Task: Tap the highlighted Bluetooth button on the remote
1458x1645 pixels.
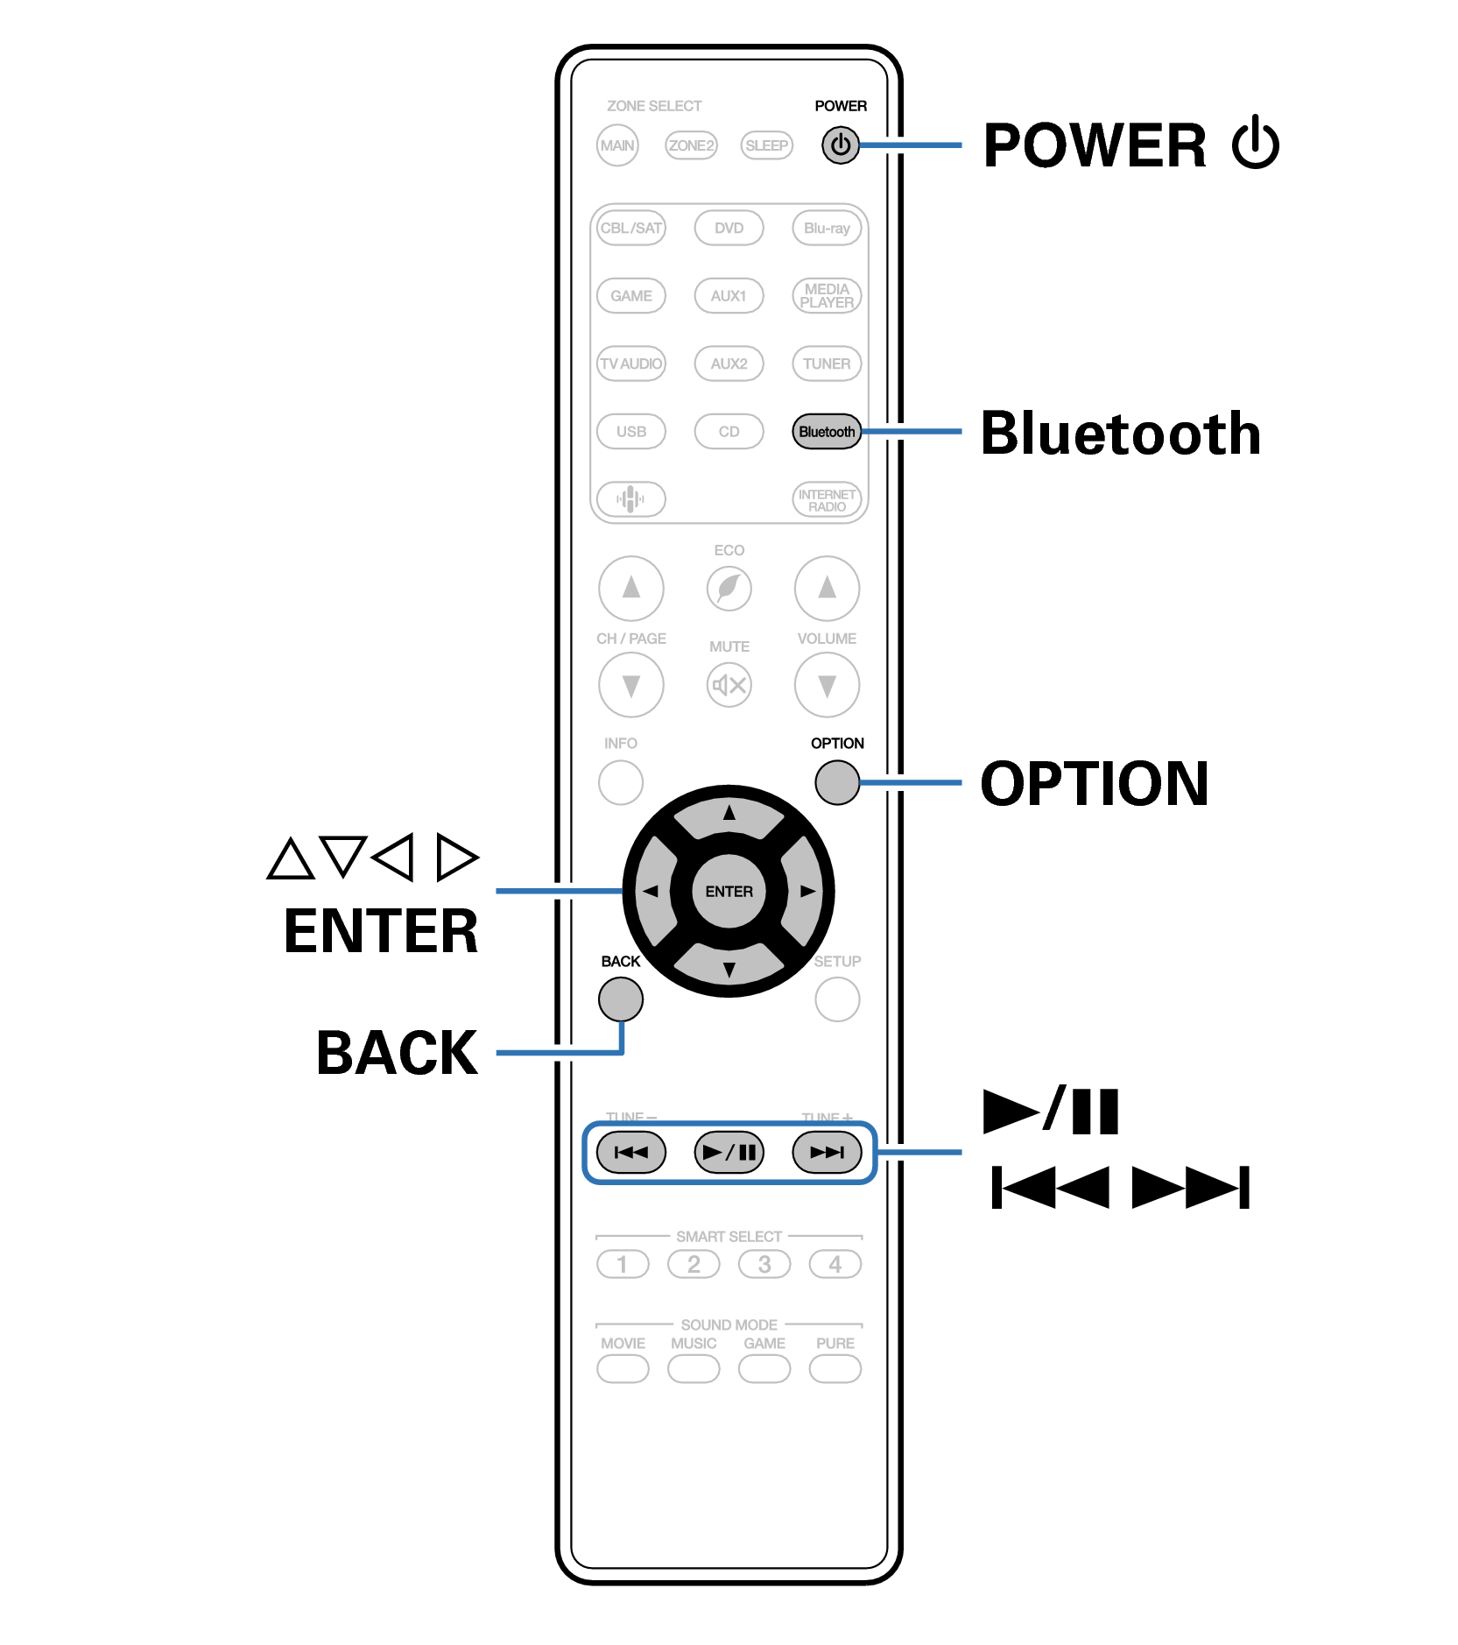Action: click(x=826, y=432)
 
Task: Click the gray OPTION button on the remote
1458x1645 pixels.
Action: click(x=836, y=782)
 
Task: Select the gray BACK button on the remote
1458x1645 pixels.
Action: click(x=620, y=999)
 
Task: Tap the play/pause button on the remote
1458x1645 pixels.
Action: click(x=729, y=1152)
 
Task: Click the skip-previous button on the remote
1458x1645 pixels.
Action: click(x=630, y=1152)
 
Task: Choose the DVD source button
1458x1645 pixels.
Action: click(x=729, y=228)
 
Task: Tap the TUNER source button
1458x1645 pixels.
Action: click(x=826, y=364)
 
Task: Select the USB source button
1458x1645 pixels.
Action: click(x=630, y=432)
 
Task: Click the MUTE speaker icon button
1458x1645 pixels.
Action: click(x=729, y=685)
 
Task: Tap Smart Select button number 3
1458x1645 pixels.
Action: click(x=764, y=1265)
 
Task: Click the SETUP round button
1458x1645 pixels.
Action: click(x=836, y=999)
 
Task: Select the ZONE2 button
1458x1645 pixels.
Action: click(x=691, y=145)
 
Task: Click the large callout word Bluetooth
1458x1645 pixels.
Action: click(x=1120, y=434)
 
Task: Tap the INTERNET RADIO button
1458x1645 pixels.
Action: click(x=826, y=500)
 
